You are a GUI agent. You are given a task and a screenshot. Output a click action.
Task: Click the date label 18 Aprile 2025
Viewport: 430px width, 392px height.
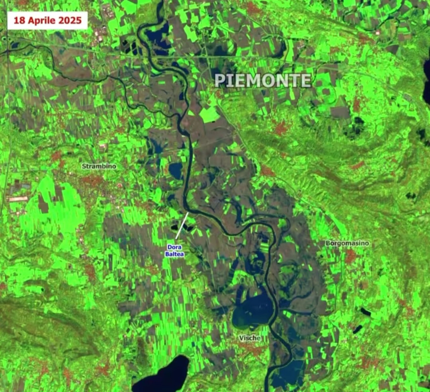click(47, 20)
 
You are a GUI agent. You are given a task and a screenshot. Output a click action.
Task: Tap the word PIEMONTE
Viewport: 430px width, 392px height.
click(263, 81)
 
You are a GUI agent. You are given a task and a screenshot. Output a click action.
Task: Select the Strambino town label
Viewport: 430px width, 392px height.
click(99, 166)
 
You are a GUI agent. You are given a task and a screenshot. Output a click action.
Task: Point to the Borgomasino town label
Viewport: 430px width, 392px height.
click(347, 243)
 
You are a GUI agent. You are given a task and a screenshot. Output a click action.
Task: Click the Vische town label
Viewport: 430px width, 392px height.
click(250, 338)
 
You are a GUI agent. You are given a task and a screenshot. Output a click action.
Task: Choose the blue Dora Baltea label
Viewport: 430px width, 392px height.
click(175, 250)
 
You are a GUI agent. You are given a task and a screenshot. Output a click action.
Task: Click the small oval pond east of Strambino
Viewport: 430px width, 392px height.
click(175, 171)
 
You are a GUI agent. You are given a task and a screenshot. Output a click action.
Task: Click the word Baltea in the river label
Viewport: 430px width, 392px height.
click(175, 254)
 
